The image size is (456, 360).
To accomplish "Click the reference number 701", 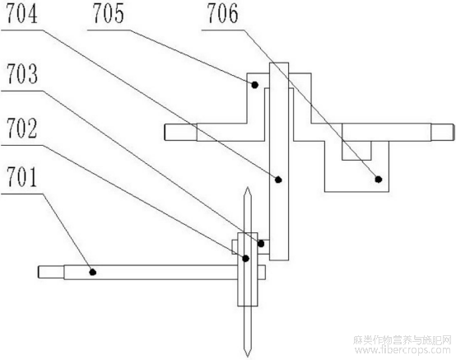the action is pos(22,177).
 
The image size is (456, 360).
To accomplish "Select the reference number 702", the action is pos(22,128).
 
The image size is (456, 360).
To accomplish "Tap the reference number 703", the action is pos(22,74).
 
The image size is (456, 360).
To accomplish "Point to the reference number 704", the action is pos(22,13).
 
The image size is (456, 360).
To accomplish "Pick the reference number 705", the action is pos(109,13).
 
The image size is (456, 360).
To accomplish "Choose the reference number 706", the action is pos(222,13).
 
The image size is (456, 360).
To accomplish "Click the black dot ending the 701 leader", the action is pos(93,272).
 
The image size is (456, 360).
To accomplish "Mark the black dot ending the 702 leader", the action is pos(246,258).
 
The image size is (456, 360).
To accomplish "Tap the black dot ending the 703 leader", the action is pos(261,243).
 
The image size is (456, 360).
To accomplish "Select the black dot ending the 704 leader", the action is pos(278,180).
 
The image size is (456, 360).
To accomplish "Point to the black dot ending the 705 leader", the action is pos(255,85).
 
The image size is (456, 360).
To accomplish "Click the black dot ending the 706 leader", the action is pos(378,180).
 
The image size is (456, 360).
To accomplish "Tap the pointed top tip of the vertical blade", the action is pos(248,188).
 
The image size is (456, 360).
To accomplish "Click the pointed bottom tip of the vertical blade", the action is pos(248,356).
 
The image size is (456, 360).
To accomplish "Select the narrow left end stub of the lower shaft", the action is pos(51,272).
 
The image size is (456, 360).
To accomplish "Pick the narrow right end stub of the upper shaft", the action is pos(442,132).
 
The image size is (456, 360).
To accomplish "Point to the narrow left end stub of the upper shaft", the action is pos(180,133).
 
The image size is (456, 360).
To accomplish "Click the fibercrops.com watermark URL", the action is pos(402,350).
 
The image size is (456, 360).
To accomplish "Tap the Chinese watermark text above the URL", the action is pos(402,339).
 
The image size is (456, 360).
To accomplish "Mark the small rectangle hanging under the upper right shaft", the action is pos(356,150).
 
